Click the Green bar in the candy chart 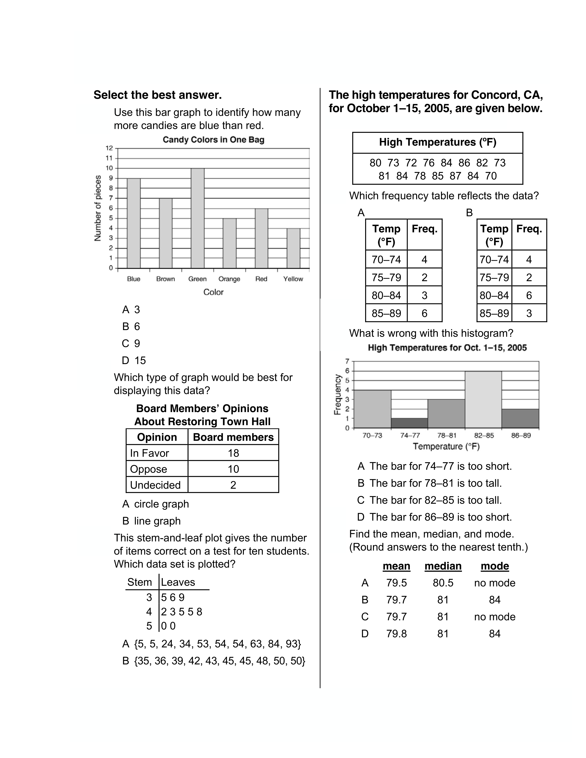pos(198,218)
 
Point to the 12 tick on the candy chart pos(109,148)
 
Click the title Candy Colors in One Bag pos(213,140)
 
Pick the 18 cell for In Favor pos(233,453)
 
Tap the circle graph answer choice pos(156,504)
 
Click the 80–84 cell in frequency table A pos(386,295)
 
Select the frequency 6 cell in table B pos(529,295)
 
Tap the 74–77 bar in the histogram pos(409,423)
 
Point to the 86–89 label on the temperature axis pos(521,436)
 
